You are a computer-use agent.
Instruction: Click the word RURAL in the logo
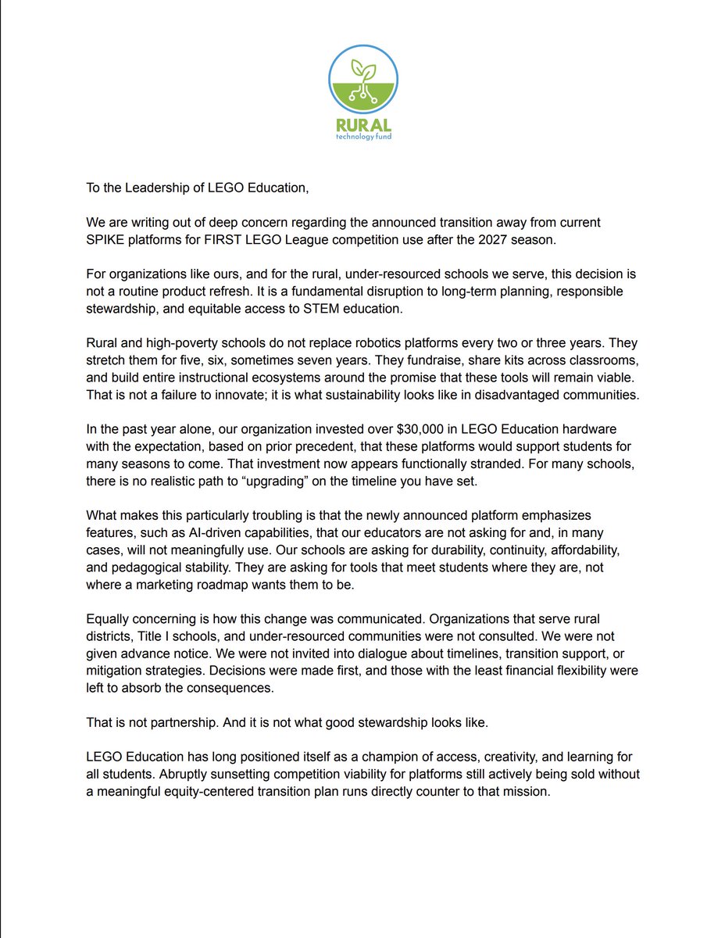pyautogui.click(x=362, y=125)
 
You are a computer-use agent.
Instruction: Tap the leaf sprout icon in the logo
pyautogui.click(x=362, y=70)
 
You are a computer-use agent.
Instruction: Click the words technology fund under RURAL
pyautogui.click(x=362, y=138)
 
